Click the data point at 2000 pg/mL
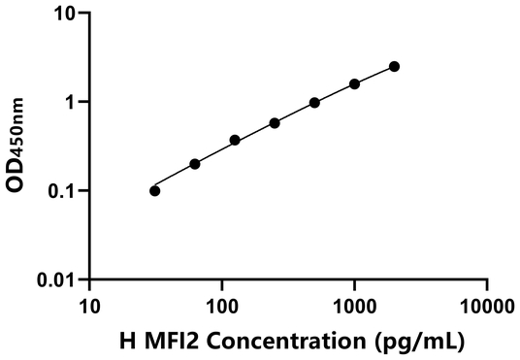(x=394, y=66)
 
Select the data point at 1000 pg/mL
(x=354, y=84)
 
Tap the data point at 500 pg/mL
(x=314, y=103)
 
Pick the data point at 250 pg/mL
(x=275, y=123)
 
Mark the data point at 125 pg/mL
(x=235, y=140)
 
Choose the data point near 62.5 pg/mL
(x=195, y=164)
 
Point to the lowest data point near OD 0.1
(x=155, y=190)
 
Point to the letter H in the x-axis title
(x=126, y=341)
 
